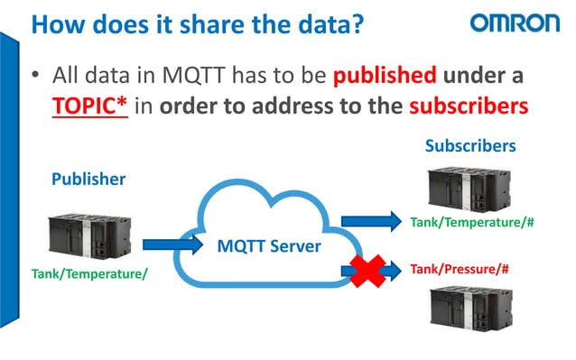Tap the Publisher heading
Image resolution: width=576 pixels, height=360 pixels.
pyautogui.click(x=88, y=179)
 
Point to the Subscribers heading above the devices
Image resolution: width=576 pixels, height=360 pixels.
pyautogui.click(x=470, y=144)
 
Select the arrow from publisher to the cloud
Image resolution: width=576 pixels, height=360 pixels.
pyautogui.click(x=171, y=243)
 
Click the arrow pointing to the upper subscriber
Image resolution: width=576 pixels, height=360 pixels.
pyautogui.click(x=372, y=220)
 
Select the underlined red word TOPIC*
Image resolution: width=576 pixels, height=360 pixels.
pyautogui.click(x=88, y=106)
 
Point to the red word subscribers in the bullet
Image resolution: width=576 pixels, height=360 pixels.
pyautogui.click(x=468, y=106)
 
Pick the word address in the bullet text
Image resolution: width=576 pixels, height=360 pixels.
pyautogui.click(x=287, y=106)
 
